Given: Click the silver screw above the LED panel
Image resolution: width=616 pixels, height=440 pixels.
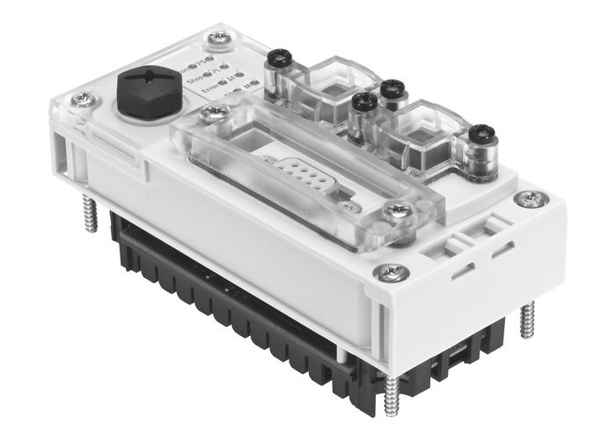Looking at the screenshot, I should pos(216,40).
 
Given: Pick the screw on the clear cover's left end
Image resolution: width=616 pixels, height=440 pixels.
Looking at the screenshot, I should pos(211,113).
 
